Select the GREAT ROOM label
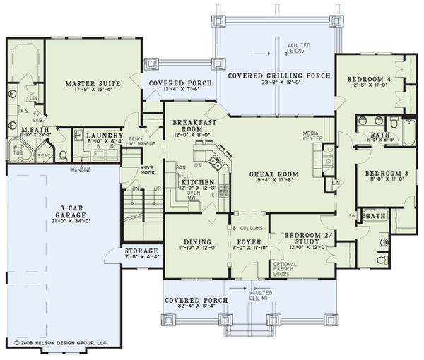coord(273,174)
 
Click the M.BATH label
coord(34,131)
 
